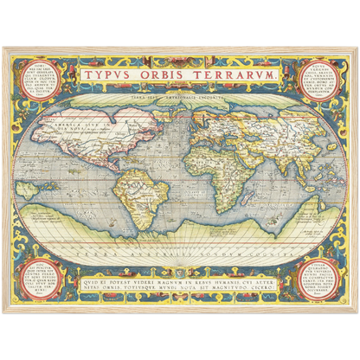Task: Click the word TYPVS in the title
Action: pos(113,76)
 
